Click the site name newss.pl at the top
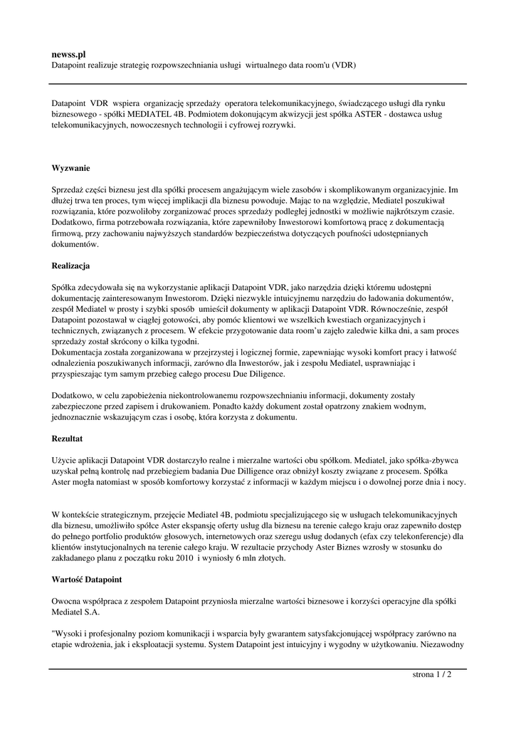[x=68, y=53]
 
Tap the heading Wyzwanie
[x=70, y=169]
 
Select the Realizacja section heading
[x=70, y=266]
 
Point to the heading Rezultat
[x=68, y=439]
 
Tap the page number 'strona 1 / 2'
[x=432, y=674]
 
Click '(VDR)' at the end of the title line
[x=342, y=65]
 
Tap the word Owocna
[x=68, y=600]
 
